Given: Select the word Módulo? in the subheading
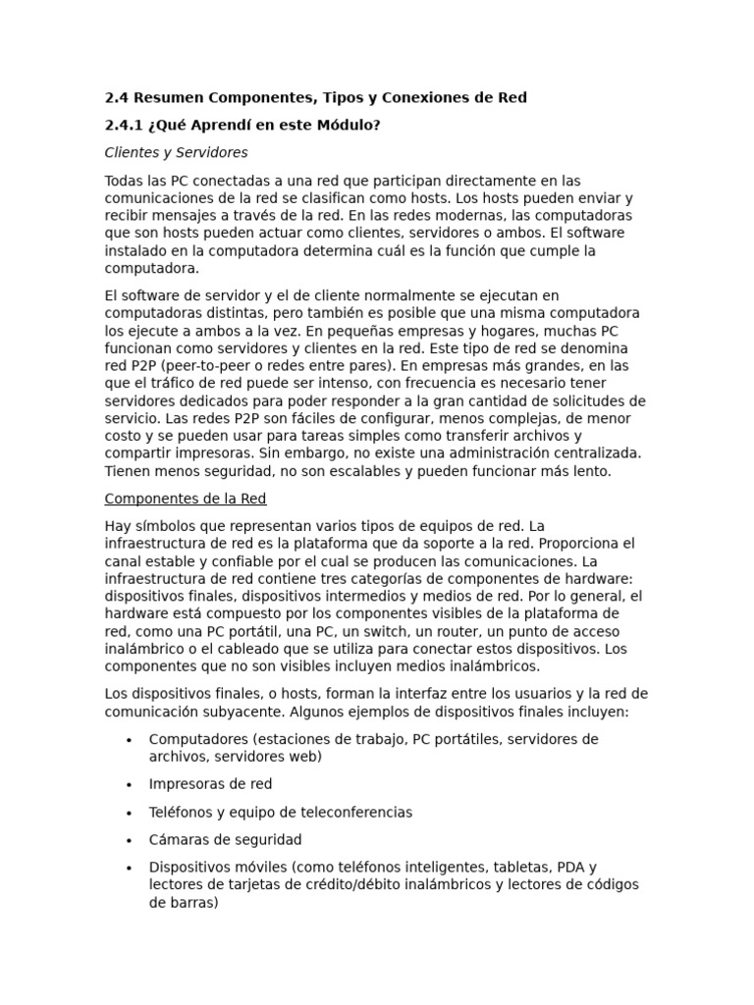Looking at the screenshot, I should point(346,125).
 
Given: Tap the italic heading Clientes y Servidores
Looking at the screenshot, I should point(176,152).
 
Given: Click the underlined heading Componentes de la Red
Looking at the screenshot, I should point(185,499).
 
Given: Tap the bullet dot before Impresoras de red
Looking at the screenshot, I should point(129,785).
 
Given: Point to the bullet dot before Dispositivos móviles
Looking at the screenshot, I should point(129,868).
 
